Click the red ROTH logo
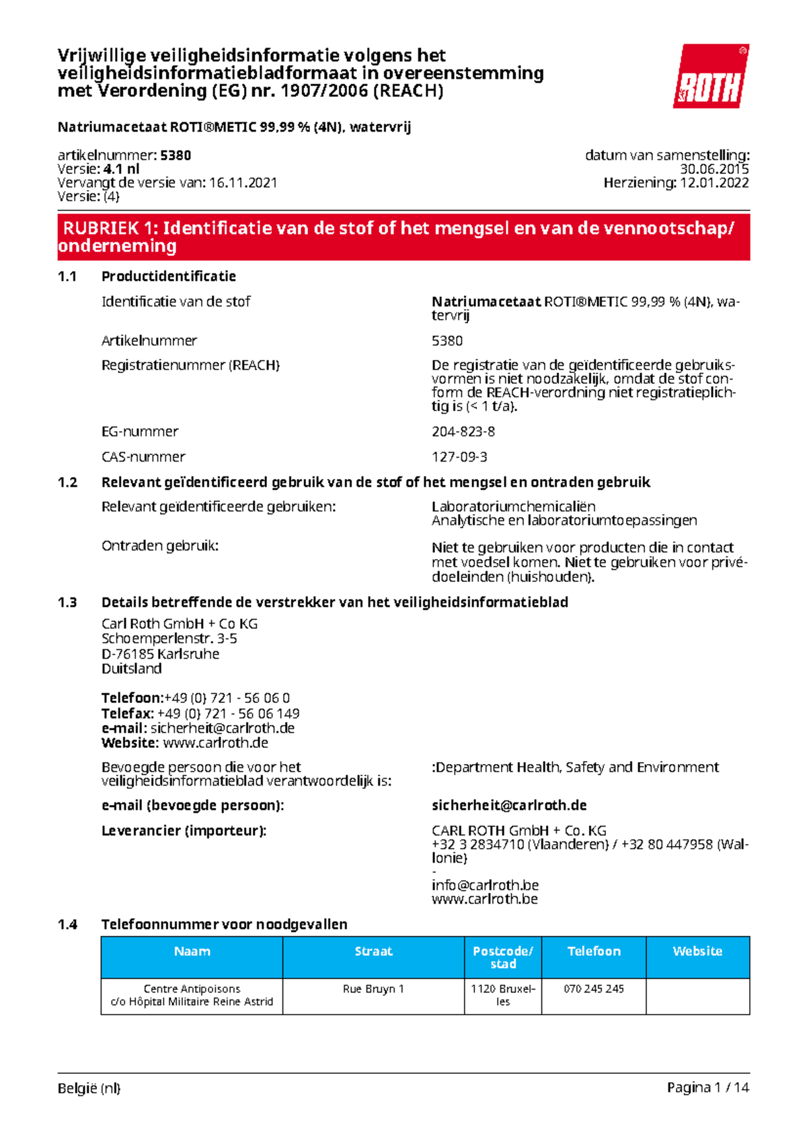click(x=711, y=76)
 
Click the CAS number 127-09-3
click(x=459, y=457)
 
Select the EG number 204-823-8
click(x=463, y=431)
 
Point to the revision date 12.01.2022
click(x=714, y=183)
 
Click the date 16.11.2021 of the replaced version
click(x=243, y=183)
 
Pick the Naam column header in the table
click(x=192, y=952)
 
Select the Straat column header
click(x=373, y=952)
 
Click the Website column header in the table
click(x=697, y=952)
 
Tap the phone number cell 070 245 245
click(x=594, y=989)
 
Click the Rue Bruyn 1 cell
click(x=373, y=989)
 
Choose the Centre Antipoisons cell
click(x=192, y=995)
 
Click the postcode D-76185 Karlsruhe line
click(x=160, y=654)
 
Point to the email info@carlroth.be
click(x=485, y=885)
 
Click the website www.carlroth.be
click(x=485, y=899)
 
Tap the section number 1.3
click(x=67, y=602)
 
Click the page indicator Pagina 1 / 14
click(x=707, y=1088)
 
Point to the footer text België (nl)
click(x=89, y=1089)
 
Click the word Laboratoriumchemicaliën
click(x=514, y=507)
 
